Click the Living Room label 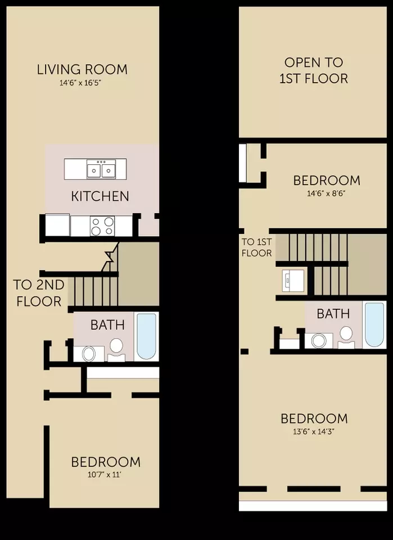pos(82,69)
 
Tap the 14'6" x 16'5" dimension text pos(80,83)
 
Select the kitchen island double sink pos(101,169)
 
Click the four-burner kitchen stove pos(102,226)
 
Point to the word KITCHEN pos(100,196)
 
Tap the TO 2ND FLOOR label pos(39,293)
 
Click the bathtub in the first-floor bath pos(147,336)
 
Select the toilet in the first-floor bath pos(116,349)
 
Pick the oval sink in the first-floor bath pos(89,353)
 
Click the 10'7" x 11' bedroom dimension pos(105,475)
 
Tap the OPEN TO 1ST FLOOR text pos(314,70)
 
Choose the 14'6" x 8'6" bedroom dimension pos(326,193)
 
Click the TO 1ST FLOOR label pos(257,247)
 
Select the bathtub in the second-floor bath pos(375,325)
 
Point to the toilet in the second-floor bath pos(346,337)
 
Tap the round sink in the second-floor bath pos(319,341)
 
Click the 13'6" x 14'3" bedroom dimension pos(314,431)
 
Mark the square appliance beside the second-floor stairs pos(293,281)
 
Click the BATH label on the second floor pos(333,314)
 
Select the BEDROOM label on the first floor pos(106,462)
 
